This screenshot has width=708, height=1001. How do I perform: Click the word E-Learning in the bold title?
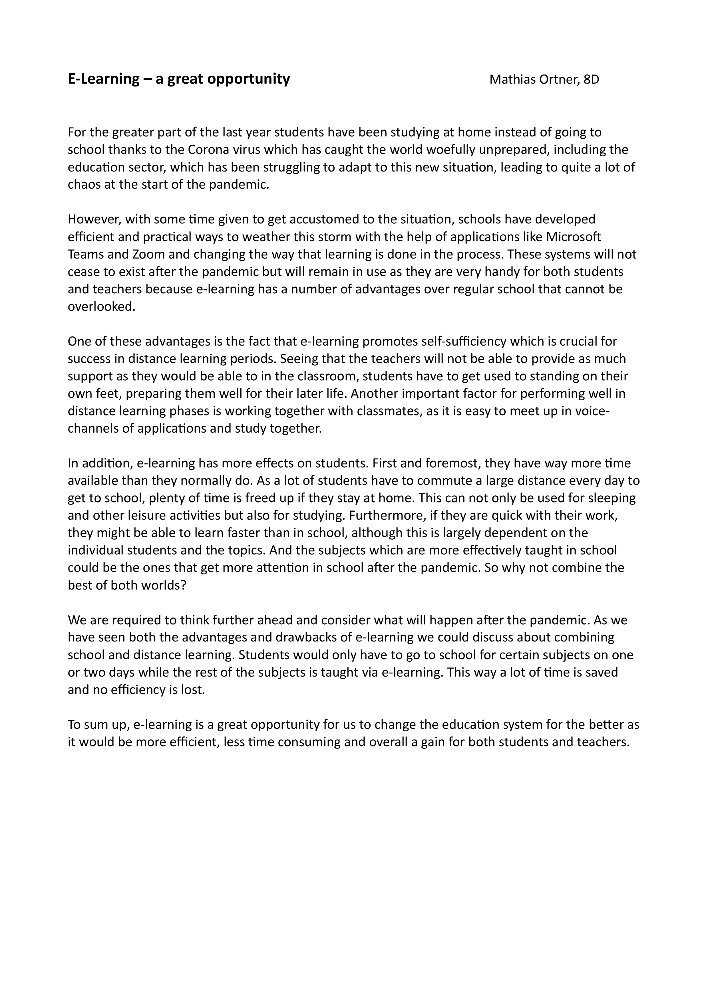point(103,79)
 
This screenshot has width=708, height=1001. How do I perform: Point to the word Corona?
point(208,150)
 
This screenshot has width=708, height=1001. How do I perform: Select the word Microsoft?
point(574,237)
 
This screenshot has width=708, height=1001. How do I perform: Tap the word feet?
point(100,393)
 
